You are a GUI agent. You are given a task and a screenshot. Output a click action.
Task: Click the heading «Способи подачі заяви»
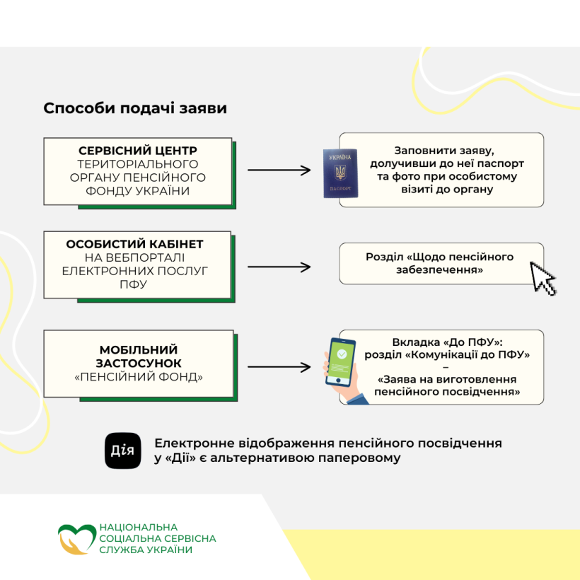[x=135, y=108]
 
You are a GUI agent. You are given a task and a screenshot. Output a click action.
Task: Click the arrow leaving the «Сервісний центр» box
[x=279, y=170]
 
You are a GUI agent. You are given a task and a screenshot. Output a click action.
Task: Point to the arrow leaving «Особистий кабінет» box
[x=279, y=267]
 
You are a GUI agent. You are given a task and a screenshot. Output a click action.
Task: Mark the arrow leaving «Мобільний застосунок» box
[x=279, y=367]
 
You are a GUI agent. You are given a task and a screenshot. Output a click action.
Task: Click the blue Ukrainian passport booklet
[x=340, y=173]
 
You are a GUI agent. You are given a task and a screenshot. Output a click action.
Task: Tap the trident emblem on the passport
[x=340, y=173]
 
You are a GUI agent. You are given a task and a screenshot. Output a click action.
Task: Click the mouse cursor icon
[x=543, y=279]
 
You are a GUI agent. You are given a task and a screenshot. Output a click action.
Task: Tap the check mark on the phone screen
[x=342, y=354]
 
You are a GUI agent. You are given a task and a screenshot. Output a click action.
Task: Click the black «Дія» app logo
[x=123, y=451]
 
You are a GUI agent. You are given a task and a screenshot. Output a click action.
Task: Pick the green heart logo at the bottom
[x=76, y=539]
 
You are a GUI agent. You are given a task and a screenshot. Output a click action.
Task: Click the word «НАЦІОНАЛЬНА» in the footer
[x=139, y=527]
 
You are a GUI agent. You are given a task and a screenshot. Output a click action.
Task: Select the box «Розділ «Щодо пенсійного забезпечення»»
[x=441, y=263]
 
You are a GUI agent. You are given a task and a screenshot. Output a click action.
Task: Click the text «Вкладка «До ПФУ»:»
[x=447, y=342]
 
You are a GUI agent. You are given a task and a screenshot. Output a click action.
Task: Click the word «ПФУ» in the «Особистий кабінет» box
[x=133, y=284]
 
